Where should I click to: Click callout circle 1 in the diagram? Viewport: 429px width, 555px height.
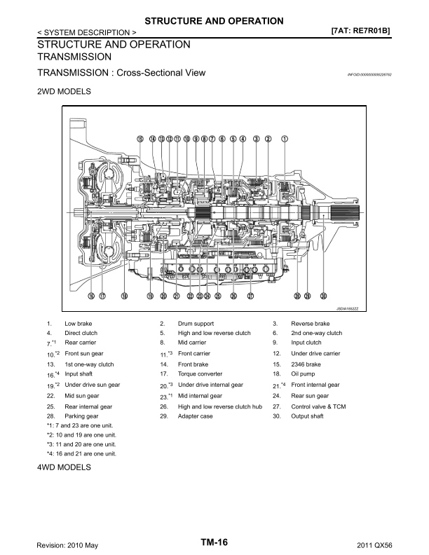click(285, 139)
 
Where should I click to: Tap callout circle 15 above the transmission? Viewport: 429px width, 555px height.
click(140, 139)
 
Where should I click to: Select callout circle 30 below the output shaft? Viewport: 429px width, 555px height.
click(323, 296)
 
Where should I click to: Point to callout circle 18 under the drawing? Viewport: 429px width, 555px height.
click(124, 296)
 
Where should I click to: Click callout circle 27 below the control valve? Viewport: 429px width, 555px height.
click(250, 296)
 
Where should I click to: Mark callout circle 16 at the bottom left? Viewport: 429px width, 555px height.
click(90, 296)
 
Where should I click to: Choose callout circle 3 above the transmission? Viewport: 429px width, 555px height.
click(257, 139)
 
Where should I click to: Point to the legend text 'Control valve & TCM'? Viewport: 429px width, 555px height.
click(318, 406)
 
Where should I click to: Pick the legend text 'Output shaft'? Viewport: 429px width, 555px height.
click(308, 416)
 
